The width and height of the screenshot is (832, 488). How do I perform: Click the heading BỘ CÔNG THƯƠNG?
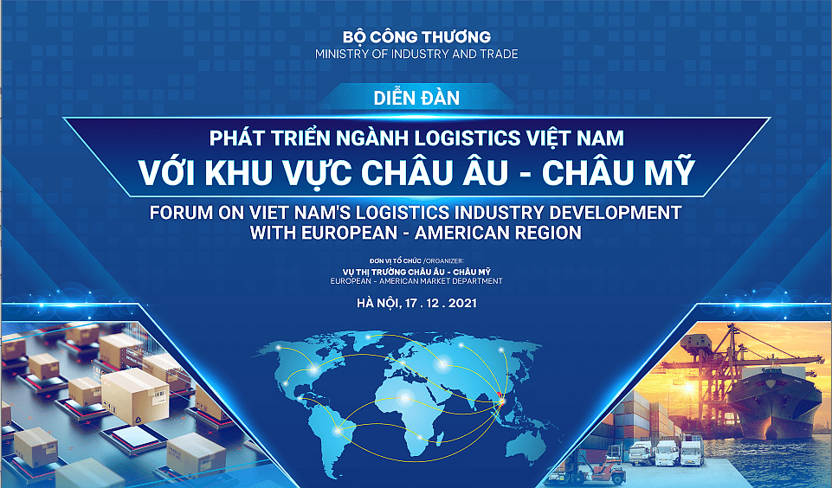[x=416, y=36]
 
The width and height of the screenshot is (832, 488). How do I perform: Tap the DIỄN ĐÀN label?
[x=416, y=98]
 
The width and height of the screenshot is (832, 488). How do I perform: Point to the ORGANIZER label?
[x=445, y=261]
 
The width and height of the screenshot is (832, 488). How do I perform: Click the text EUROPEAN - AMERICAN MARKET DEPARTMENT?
[x=416, y=281]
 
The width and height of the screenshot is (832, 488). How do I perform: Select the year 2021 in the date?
[x=462, y=304]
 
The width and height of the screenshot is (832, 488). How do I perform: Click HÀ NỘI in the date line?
[x=377, y=304]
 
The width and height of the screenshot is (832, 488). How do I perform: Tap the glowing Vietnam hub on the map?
[x=502, y=402]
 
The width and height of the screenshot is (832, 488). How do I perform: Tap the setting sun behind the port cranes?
[x=689, y=388]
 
